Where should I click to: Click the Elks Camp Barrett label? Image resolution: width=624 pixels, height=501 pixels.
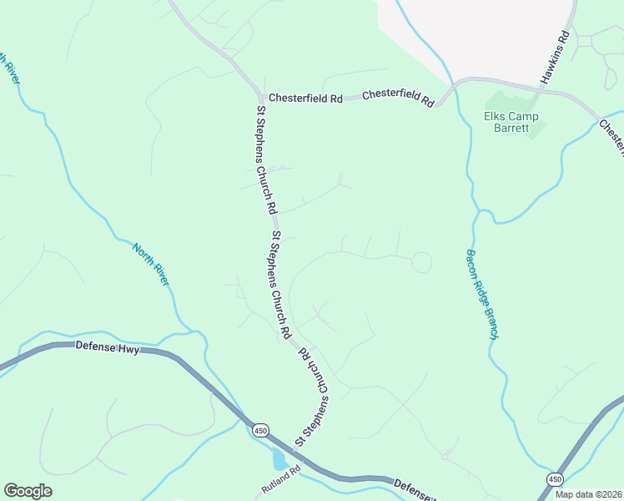coord(511,123)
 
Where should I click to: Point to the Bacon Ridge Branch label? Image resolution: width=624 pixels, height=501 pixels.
coord(482,294)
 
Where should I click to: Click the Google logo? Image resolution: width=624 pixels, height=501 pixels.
coord(28,491)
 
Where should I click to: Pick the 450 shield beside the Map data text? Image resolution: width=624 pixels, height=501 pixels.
coord(554,478)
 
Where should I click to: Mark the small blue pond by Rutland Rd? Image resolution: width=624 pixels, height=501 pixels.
coord(278,459)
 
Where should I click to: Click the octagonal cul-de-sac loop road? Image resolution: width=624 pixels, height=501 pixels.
coord(421,262)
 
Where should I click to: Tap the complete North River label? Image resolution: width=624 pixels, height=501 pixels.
coord(150,265)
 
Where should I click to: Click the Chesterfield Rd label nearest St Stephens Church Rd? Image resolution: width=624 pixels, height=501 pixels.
coord(305,98)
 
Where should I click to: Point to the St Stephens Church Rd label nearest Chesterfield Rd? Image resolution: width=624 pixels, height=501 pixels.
coord(264,158)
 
